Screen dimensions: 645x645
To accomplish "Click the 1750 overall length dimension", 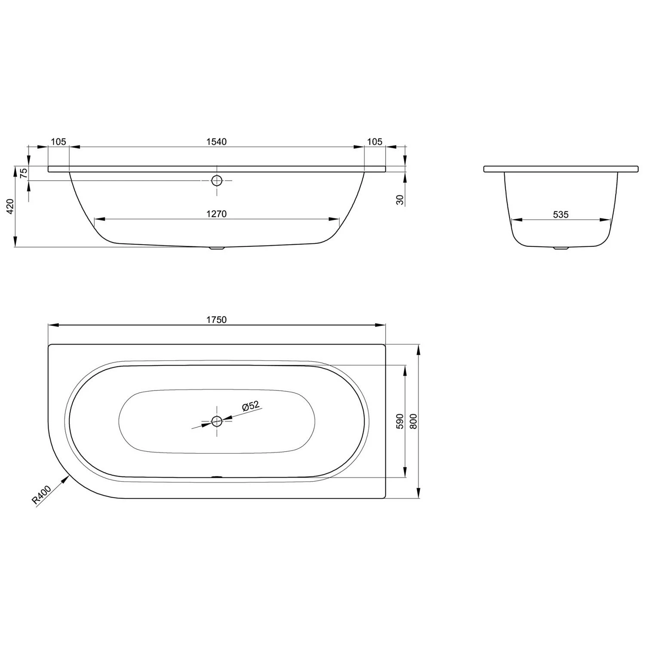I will (216, 319).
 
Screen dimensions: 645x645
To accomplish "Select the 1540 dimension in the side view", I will (216, 141).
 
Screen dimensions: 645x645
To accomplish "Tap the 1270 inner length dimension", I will (216, 214).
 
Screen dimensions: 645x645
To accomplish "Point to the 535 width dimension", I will (561, 214).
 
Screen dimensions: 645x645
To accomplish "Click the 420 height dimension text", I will (11, 206).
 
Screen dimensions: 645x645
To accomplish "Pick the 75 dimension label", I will (24, 173).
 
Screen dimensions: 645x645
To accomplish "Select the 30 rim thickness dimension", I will (400, 200).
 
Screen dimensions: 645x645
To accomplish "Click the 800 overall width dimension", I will (414, 421).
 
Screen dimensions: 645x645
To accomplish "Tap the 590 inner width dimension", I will (399, 421).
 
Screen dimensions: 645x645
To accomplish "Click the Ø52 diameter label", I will (250, 406).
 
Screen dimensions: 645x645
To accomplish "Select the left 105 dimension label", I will (58, 141).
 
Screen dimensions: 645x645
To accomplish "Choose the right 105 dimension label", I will (375, 141).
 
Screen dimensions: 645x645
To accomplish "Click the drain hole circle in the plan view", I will (217, 421).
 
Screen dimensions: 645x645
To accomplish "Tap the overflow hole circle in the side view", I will (217, 181).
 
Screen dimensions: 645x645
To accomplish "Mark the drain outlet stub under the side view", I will (217, 248).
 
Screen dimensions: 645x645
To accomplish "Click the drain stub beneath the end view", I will (561, 248).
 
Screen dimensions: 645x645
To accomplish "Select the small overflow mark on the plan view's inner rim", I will (217, 476).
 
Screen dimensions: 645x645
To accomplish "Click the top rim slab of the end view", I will (561, 169).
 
